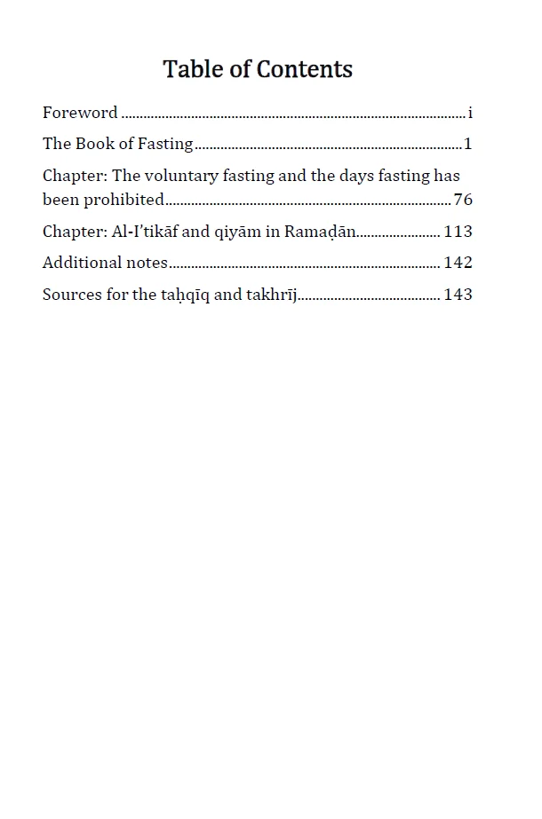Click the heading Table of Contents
coord(258,69)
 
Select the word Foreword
coord(80,113)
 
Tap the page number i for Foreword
coord(470,113)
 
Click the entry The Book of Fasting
coord(118,144)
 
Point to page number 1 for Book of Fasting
coord(468,144)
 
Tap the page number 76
coord(463,200)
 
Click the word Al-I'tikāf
coord(145,232)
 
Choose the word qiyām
coord(234,232)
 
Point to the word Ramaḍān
coord(320,232)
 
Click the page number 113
coord(458,232)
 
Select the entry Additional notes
coord(105,263)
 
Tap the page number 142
coord(458,263)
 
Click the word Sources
coord(72,295)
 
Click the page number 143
coord(458,295)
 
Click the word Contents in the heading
coord(304,69)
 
